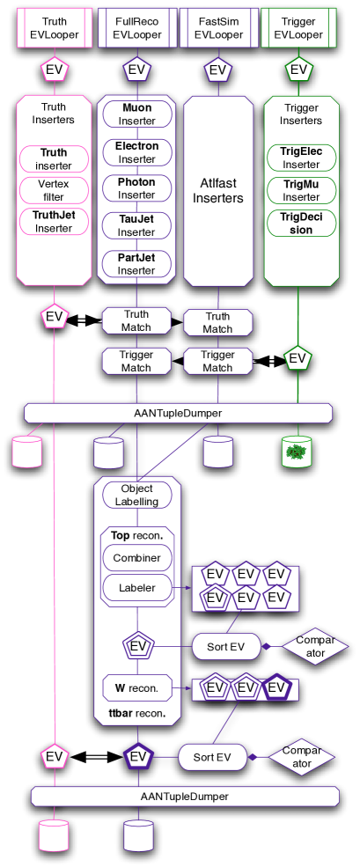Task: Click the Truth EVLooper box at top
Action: (55, 29)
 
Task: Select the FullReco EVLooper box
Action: (136, 29)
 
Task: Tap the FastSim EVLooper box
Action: (217, 29)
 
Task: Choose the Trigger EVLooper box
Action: (299, 29)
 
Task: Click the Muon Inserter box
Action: (136, 114)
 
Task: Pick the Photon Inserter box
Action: (136, 188)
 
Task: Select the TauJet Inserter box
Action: (136, 225)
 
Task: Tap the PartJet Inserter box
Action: (136, 263)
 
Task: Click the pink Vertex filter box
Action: (55, 190)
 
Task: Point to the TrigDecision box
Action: (300, 223)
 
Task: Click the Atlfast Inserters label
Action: (217, 191)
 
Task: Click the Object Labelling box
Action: (136, 495)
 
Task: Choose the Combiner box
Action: (136, 558)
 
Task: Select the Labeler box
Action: (136, 588)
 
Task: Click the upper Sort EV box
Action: (225, 646)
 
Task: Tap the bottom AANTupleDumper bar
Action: (185, 797)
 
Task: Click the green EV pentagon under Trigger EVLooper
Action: (299, 69)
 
